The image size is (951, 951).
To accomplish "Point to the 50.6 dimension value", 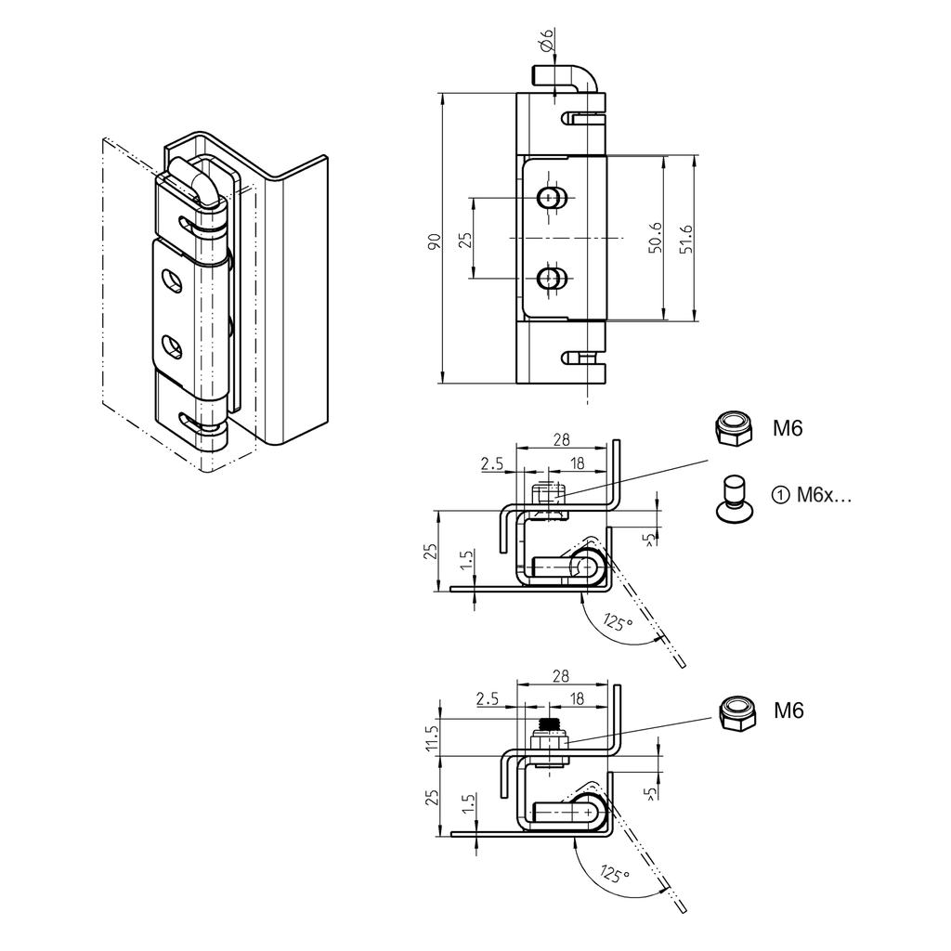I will tap(656, 239).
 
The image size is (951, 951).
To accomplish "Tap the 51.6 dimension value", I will tap(687, 239).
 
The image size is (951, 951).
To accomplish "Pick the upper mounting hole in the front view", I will tap(554, 198).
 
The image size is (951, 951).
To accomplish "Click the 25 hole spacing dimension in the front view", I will tap(466, 238).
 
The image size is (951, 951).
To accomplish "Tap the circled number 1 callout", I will tap(779, 495).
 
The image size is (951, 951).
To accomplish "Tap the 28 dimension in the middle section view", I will tap(561, 440).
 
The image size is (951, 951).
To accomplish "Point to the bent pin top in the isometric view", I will tap(193, 176).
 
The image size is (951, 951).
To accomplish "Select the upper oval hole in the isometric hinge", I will tap(173, 280).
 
